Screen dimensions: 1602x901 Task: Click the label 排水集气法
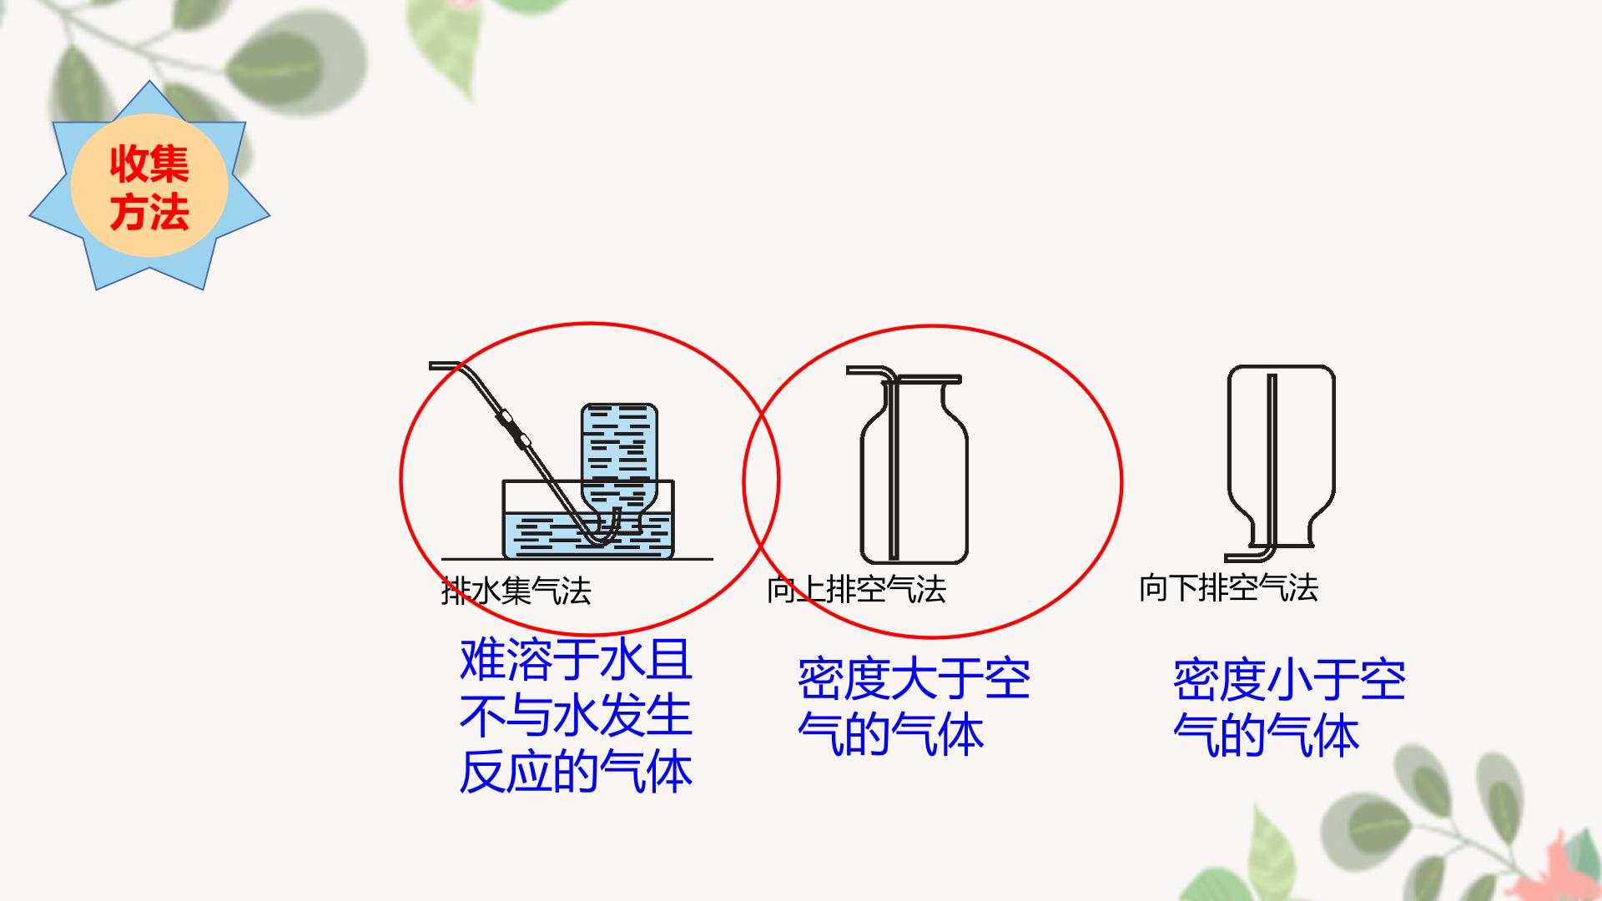516,591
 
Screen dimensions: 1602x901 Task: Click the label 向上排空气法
857,590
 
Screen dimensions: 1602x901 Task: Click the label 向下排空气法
1229,588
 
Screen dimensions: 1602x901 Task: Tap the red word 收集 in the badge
149,164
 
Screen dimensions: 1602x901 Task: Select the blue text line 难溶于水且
577,660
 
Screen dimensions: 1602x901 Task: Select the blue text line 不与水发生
577,716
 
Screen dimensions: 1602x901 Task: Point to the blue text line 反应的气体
577,772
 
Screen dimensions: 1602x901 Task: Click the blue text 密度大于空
914,679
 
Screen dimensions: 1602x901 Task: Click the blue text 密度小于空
1290,680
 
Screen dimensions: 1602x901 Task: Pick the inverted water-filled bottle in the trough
619,468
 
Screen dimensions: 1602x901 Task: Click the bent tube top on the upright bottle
872,372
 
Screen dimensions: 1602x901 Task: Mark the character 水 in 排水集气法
486,591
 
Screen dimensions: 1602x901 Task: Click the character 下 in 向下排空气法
1184,588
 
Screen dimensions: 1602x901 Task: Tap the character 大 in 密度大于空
914,679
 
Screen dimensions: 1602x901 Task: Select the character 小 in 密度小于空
1290,680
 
